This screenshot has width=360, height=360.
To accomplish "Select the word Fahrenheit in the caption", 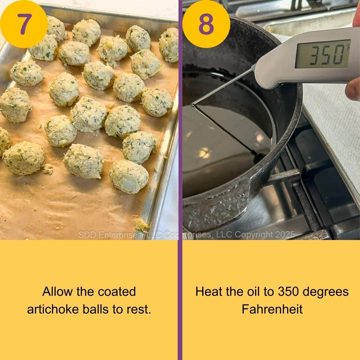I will coord(272,309).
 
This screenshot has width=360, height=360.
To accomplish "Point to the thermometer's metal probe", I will coord(222,87).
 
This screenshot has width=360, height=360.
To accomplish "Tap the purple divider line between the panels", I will coord(180,180).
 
